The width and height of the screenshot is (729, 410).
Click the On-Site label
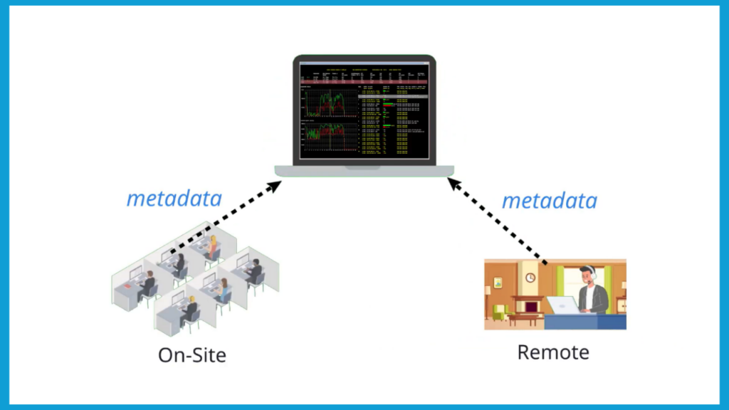pos(192,354)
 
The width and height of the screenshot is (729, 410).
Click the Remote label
pos(553,352)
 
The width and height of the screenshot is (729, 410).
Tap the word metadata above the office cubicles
pos(174,198)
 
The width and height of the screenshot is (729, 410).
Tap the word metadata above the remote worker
pos(549,201)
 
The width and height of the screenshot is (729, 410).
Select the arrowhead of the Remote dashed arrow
pos(453,184)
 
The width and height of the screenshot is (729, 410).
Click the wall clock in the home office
pos(530,278)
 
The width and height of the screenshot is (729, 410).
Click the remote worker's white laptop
pos(563,305)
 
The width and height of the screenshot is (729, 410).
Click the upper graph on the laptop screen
pos(330,103)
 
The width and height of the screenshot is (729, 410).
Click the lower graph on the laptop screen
pos(330,136)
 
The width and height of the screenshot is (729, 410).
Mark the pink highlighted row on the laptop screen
pos(363,83)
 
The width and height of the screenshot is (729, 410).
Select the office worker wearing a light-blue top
pos(224,290)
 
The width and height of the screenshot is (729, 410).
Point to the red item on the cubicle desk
pos(129,286)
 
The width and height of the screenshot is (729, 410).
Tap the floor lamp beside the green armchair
pos(488,299)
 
